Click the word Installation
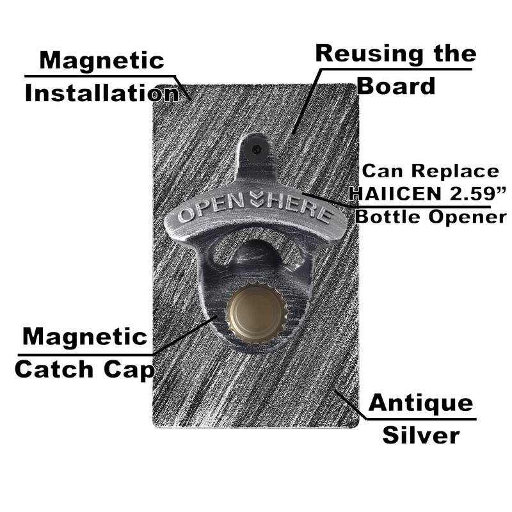tap(101, 93)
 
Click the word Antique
tap(420, 403)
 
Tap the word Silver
tap(420, 435)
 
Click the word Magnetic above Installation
tap(102, 61)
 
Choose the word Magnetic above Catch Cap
tap(84, 337)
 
